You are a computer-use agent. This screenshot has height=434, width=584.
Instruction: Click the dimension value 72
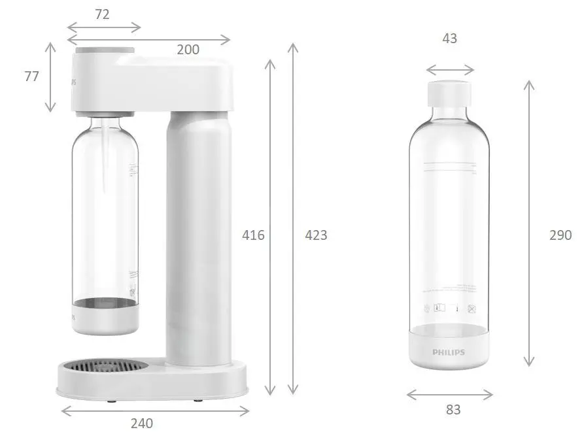click(x=102, y=14)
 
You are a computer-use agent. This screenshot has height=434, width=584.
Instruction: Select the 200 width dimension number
click(x=188, y=50)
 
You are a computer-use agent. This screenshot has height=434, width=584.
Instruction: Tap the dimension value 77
click(x=32, y=76)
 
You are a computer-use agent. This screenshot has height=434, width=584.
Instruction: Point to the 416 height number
click(x=253, y=235)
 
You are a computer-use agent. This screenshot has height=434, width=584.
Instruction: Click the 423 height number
click(x=316, y=235)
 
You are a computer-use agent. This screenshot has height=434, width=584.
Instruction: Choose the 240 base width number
click(x=141, y=423)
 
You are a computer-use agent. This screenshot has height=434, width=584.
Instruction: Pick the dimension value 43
click(x=449, y=39)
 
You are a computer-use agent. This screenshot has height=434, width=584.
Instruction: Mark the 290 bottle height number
click(x=560, y=235)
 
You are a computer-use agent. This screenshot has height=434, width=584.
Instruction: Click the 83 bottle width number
click(x=453, y=410)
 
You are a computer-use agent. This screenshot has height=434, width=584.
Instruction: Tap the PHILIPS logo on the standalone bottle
click(x=449, y=352)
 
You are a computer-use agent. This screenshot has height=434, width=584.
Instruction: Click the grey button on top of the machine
click(x=105, y=50)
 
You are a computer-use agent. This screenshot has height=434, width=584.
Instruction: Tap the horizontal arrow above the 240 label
click(x=155, y=411)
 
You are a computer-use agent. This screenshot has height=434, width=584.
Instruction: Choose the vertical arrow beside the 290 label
click(x=530, y=222)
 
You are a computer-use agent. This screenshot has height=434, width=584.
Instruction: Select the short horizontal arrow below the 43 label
click(x=450, y=70)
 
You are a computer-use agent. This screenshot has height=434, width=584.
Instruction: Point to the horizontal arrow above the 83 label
click(x=450, y=394)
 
